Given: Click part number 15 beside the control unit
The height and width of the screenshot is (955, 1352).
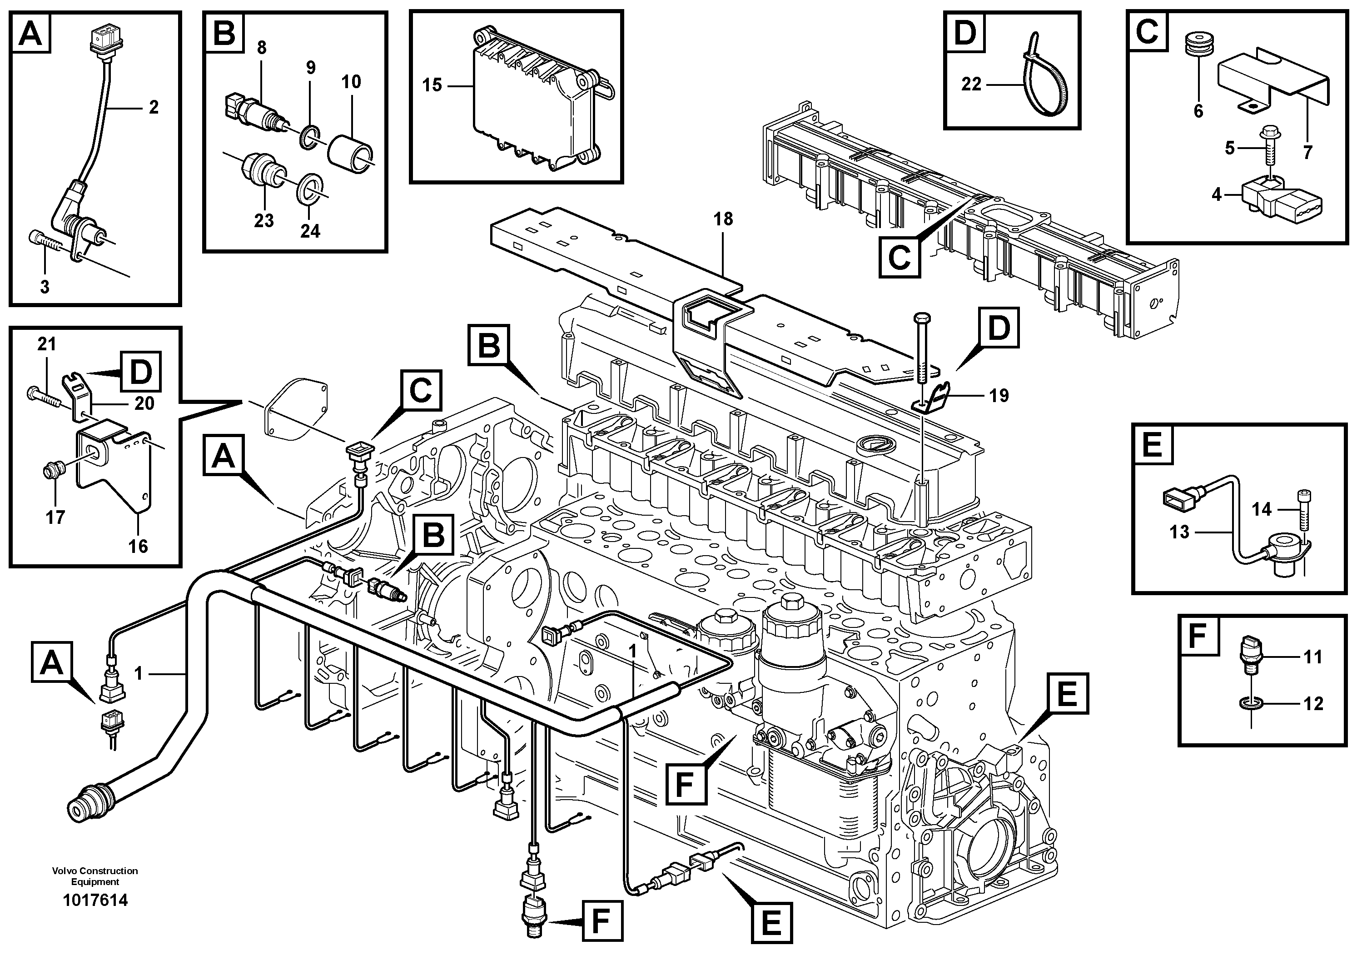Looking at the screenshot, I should [432, 85].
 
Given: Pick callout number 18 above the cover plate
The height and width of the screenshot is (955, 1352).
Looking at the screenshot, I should [723, 219].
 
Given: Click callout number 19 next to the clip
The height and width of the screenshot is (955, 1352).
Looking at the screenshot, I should [999, 396].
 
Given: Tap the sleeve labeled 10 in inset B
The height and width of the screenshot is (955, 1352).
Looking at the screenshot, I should [351, 153].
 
